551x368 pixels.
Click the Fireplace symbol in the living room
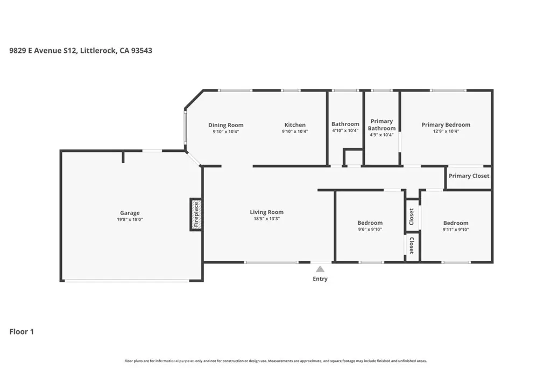[196, 214]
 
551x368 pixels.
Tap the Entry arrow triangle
[320, 269]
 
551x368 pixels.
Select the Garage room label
[130, 213]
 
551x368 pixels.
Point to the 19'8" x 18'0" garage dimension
[130, 219]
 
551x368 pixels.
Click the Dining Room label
[225, 125]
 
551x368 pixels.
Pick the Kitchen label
[295, 125]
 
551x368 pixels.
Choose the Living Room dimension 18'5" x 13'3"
[267, 219]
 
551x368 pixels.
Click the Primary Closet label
[469, 176]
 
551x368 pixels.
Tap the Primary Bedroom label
[446, 124]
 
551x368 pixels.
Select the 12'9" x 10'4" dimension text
[446, 131]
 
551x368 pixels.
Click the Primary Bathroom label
[382, 124]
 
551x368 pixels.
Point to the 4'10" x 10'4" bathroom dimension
[345, 130]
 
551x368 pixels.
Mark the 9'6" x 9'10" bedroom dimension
[370, 230]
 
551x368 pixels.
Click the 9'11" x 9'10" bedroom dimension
[456, 230]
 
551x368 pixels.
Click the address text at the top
[81, 50]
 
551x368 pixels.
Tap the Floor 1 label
[22, 331]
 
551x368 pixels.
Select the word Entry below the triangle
[320, 279]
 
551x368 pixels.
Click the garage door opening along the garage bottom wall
[127, 280]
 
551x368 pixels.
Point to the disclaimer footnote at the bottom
[275, 360]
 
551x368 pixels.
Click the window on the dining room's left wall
[185, 127]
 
